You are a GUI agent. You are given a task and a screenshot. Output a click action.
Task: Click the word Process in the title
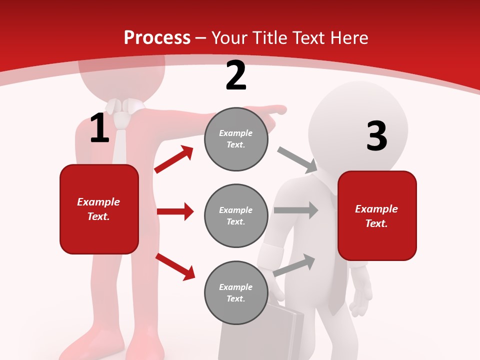coord(157,37)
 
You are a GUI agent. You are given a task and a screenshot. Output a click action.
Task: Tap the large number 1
coord(99,128)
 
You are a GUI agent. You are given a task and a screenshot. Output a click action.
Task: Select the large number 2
coord(236,75)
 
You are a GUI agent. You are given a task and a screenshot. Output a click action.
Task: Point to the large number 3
coord(376,136)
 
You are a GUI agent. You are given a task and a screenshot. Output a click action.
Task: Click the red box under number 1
coord(99,209)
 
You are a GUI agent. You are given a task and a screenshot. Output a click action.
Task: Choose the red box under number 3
coord(377,215)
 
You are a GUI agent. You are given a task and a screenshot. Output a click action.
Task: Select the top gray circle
coord(236,139)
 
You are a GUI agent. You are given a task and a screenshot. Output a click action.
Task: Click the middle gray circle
coord(236,215)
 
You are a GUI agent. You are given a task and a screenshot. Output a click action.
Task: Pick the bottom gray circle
coord(236,292)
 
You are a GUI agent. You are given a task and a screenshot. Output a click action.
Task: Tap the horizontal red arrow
coord(175,211)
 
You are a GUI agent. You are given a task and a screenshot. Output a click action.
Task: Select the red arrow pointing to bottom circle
coord(175,266)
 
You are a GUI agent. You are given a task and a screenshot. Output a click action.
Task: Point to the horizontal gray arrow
coord(296,210)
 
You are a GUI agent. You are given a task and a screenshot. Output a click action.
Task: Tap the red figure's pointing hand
coord(275,110)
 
